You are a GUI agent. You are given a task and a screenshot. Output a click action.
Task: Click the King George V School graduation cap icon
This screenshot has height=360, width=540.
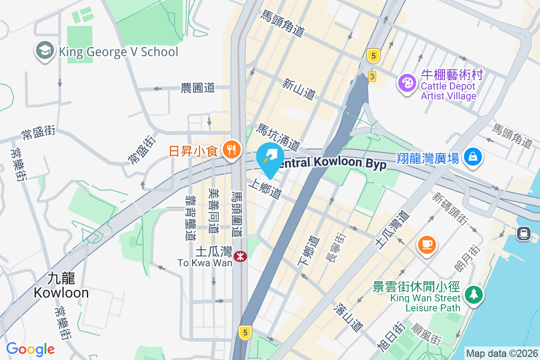(x=45, y=51)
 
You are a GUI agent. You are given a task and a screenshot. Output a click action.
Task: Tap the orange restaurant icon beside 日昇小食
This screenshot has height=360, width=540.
(x=232, y=150)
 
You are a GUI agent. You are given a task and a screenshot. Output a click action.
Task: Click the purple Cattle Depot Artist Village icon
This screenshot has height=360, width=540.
(x=407, y=84)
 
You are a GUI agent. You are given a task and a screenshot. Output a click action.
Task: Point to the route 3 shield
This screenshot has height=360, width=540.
(x=372, y=76)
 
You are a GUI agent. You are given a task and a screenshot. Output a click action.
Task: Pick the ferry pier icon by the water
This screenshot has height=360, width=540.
(x=524, y=233)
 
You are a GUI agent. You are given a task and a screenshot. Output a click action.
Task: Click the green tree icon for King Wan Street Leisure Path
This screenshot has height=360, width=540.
(x=473, y=295)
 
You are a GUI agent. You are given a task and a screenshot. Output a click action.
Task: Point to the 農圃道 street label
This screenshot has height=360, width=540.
(x=198, y=88)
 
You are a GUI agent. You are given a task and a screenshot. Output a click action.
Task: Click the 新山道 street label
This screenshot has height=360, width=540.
(x=298, y=89)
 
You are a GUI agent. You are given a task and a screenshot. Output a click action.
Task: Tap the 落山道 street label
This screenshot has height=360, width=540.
(x=348, y=317)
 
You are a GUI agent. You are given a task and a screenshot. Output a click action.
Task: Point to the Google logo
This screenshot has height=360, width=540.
(x=30, y=349)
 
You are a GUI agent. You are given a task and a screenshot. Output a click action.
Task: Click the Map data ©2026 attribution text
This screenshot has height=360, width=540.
(x=501, y=353)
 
